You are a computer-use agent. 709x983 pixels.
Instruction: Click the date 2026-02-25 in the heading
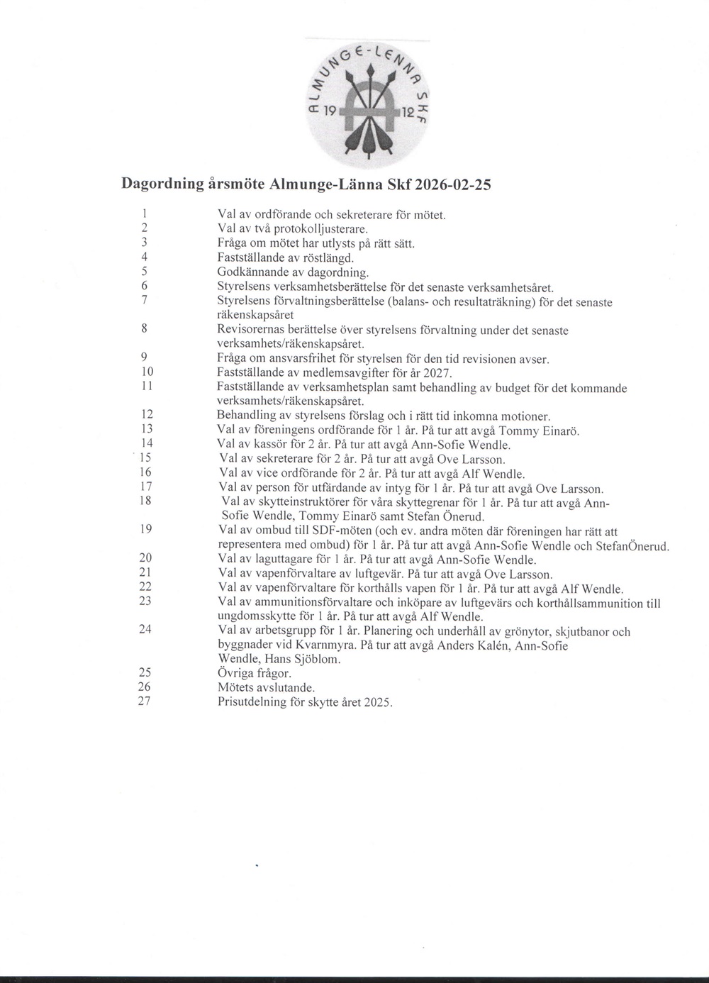click(453, 184)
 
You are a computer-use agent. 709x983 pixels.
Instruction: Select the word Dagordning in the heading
click(162, 184)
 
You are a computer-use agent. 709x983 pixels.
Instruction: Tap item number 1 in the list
click(144, 213)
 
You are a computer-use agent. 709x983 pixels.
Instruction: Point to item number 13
click(147, 428)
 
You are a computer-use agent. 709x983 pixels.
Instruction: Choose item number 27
click(145, 701)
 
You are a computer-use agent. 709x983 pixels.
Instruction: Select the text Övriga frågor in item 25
click(255, 674)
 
